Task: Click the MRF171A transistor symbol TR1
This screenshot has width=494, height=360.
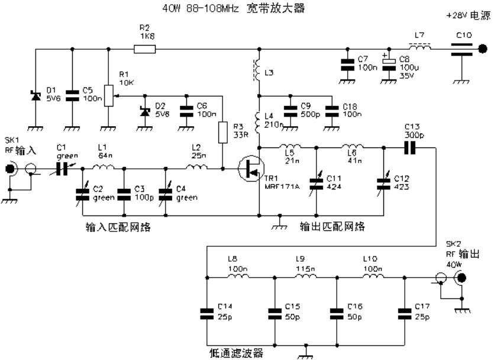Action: pos(251,169)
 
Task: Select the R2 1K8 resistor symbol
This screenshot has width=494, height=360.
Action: pos(144,49)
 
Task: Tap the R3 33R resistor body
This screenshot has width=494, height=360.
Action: pos(222,133)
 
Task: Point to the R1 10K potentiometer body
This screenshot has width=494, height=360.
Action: pos(109,95)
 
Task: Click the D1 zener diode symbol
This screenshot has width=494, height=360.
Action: pos(35,96)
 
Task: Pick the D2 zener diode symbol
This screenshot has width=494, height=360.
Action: pos(145,111)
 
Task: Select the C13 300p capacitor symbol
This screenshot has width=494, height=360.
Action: pos(410,147)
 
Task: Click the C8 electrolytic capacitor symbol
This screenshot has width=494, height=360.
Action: pos(389,65)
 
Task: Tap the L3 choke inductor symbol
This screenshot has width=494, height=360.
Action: pos(257,70)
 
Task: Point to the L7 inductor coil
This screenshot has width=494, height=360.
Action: pos(420,47)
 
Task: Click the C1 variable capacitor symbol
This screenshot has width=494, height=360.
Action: pos(62,169)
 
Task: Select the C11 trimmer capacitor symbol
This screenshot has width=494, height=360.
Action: pos(317,184)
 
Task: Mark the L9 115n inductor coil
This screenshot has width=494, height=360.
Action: pos(306,276)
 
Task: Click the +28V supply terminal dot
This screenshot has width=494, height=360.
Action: pos(482,49)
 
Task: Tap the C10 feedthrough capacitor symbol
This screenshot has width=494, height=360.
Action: pos(461,49)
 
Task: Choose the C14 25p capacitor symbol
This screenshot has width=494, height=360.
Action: pos(207,314)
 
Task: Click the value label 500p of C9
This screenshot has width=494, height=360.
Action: pos(311,114)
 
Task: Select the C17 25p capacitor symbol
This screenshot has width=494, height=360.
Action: pos(405,314)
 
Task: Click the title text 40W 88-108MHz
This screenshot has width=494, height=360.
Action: pos(201,8)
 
